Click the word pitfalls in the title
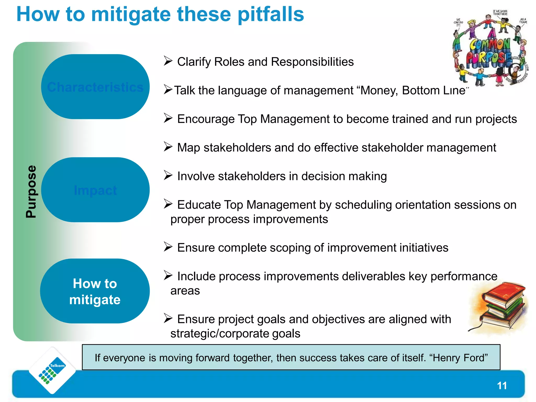pos(271,14)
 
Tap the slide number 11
pos(502,386)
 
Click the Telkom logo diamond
pos(52,370)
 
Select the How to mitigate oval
pos(95,291)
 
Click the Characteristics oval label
pos(95,87)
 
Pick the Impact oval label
pos(95,190)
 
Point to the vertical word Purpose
pos(31,192)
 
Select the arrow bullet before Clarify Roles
pos(168,61)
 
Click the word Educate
pos(199,205)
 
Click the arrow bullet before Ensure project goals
pos(168,319)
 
